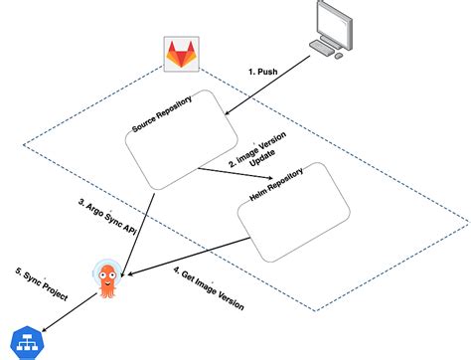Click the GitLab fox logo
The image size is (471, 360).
point(180,58)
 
